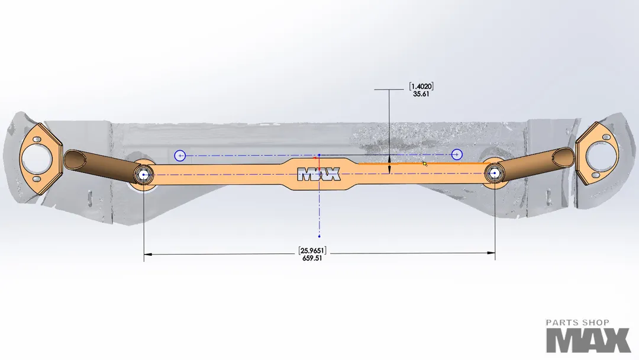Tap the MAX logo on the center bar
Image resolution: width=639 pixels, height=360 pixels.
[319, 174]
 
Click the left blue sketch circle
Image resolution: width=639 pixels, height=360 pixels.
[180, 156]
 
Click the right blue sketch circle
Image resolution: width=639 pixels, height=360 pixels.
[457, 155]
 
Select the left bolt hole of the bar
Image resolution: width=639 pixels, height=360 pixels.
[144, 174]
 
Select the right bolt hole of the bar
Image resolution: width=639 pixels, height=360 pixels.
[495, 173]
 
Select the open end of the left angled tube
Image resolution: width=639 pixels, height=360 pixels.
[75, 159]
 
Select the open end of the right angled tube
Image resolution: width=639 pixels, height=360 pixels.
[564, 156]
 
